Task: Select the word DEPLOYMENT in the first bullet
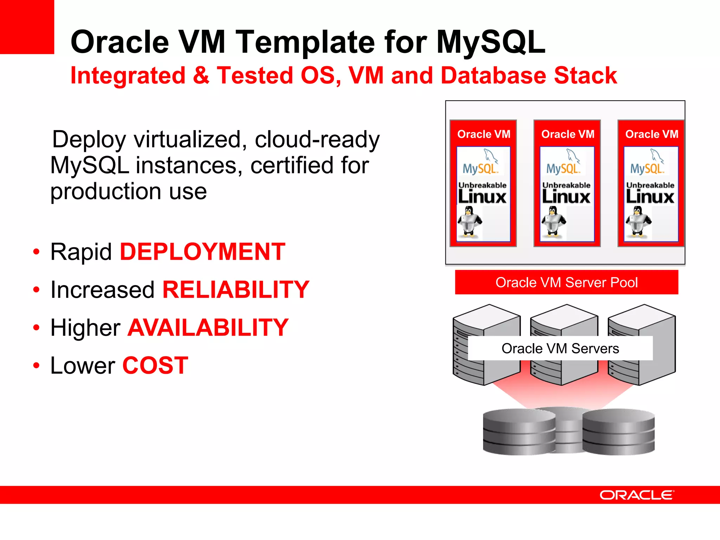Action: (202, 252)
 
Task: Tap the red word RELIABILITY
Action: (236, 290)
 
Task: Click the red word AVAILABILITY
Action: (208, 328)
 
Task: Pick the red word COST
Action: (155, 366)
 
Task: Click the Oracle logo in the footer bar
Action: (637, 495)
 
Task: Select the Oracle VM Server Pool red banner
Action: (566, 282)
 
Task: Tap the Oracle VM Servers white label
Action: (560, 348)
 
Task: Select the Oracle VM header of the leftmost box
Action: (483, 134)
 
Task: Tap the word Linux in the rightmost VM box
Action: (650, 197)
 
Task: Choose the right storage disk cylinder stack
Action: (619, 432)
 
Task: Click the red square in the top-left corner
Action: (27, 27)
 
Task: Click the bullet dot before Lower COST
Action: (36, 366)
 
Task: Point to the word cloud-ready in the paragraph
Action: (317, 140)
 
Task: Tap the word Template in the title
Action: (305, 42)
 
